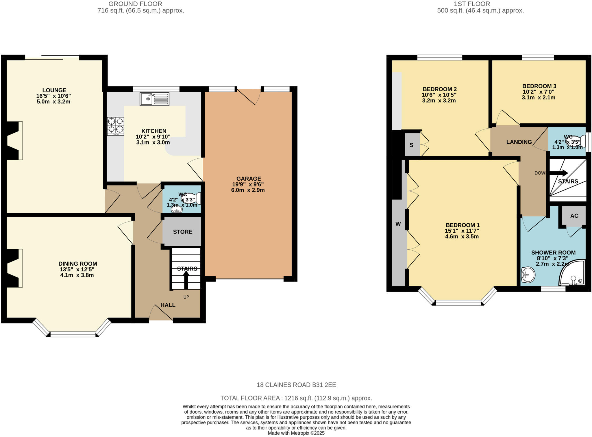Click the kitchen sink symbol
point(154,99)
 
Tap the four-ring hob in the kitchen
point(116,126)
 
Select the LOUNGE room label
point(54,90)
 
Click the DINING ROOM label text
point(78,264)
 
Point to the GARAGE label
point(249,179)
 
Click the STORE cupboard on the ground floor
point(182,232)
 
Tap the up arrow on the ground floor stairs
point(186,279)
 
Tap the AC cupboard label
point(574,216)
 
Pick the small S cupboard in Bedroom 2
point(412,145)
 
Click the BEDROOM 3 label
point(539,86)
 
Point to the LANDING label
point(519,142)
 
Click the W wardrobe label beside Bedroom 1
point(398,224)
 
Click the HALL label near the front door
point(168,305)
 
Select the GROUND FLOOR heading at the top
point(135,4)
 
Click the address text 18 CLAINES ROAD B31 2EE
point(296,385)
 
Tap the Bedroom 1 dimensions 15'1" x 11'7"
point(462,231)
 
